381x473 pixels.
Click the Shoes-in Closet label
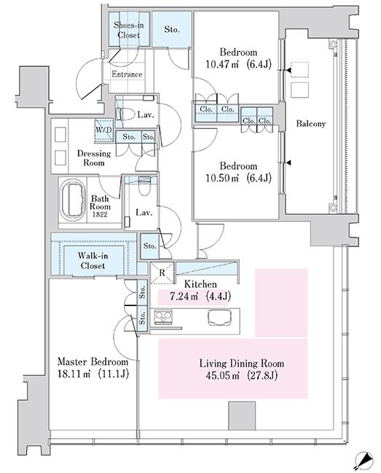pyautogui.click(x=129, y=30)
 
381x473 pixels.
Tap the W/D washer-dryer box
pyautogui.click(x=104, y=130)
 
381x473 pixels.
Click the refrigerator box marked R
pyautogui.click(x=162, y=273)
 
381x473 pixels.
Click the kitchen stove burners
pyautogui.click(x=163, y=317)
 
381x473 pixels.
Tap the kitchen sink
pyautogui.click(x=219, y=317)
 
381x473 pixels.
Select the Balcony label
pyautogui.click(x=311, y=123)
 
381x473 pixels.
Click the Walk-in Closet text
pyautogui.click(x=93, y=261)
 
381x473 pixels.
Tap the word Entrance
pyautogui.click(x=127, y=74)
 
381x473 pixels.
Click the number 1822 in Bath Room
pyautogui.click(x=100, y=215)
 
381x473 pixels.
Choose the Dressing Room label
pyautogui.click(x=94, y=158)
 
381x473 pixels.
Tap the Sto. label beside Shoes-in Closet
pyautogui.click(x=172, y=30)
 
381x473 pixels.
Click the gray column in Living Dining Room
pyautogui.click(x=242, y=415)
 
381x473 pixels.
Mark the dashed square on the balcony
pyautogui.click(x=300, y=70)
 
